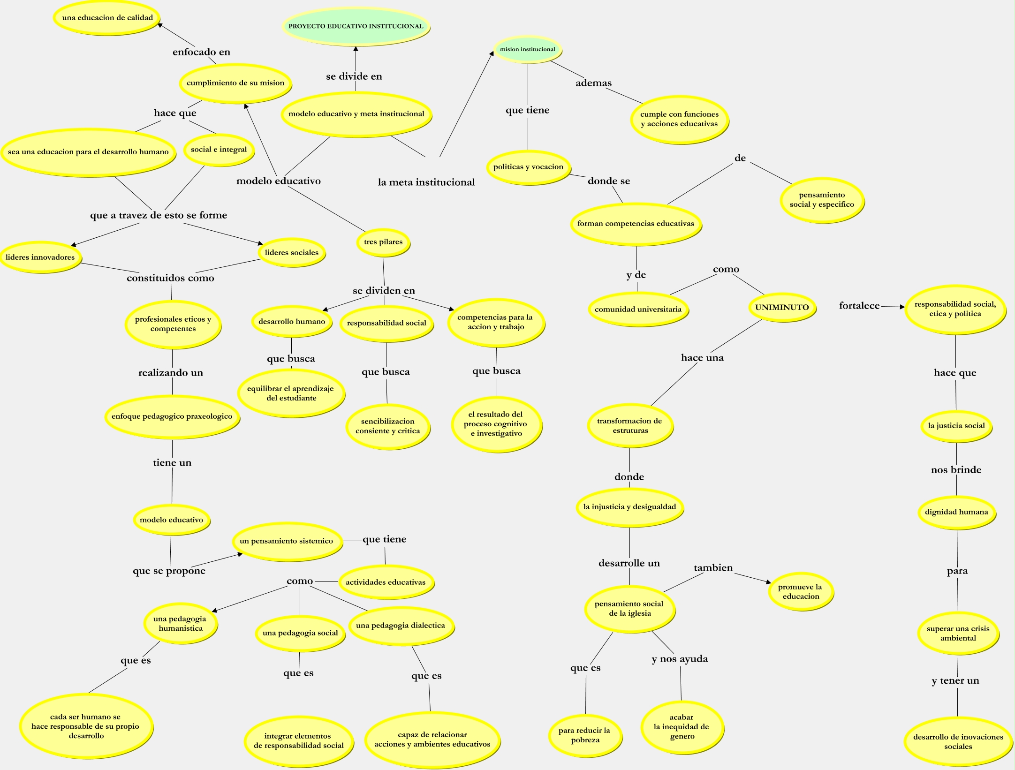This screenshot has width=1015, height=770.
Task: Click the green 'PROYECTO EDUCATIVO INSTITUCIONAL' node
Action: (x=356, y=26)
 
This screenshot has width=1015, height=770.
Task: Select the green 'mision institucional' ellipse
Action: (x=527, y=49)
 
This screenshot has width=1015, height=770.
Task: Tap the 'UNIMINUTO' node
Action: (x=782, y=307)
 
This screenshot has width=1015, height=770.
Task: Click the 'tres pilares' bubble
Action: (x=383, y=242)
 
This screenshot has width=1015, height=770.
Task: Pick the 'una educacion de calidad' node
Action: (x=107, y=18)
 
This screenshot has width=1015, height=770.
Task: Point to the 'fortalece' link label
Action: (x=859, y=306)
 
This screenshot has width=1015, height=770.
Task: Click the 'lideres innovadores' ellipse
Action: (x=40, y=257)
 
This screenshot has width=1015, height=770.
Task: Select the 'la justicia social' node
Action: (x=956, y=426)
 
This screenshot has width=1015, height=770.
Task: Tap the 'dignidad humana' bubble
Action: (x=956, y=512)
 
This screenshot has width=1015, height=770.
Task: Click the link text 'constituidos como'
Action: (x=170, y=278)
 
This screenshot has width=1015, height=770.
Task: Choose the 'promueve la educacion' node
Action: (x=800, y=592)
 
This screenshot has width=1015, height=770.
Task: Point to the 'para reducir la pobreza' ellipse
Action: (x=585, y=735)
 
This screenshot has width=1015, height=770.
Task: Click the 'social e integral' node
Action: (x=219, y=150)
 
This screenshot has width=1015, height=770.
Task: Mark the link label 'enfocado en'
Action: (x=201, y=52)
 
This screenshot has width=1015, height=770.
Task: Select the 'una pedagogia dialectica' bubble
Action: (x=401, y=626)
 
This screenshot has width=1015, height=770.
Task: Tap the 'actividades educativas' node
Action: (x=386, y=582)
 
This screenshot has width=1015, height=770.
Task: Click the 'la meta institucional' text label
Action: (x=426, y=182)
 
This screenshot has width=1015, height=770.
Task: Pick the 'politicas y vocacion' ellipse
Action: (x=528, y=167)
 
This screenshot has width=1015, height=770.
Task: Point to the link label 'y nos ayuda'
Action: (x=680, y=659)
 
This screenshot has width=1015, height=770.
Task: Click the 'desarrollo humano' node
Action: (x=292, y=322)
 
